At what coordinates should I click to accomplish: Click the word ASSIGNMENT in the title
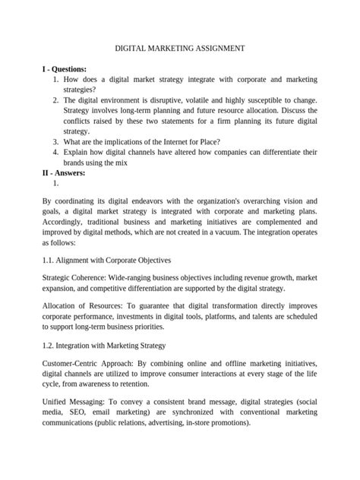pyautogui.click(x=213, y=48)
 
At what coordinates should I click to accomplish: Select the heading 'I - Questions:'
pyautogui.click(x=65, y=69)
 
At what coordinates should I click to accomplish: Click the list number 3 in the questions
pyautogui.click(x=56, y=141)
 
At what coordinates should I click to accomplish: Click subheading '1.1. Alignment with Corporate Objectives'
pyautogui.click(x=106, y=260)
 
